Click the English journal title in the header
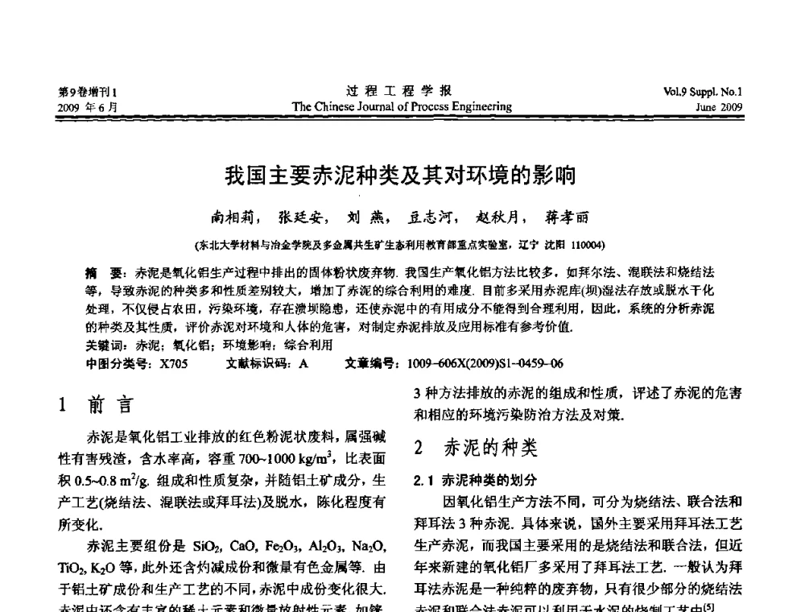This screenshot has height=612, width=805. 402,105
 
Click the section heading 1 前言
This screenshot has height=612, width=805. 97,405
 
